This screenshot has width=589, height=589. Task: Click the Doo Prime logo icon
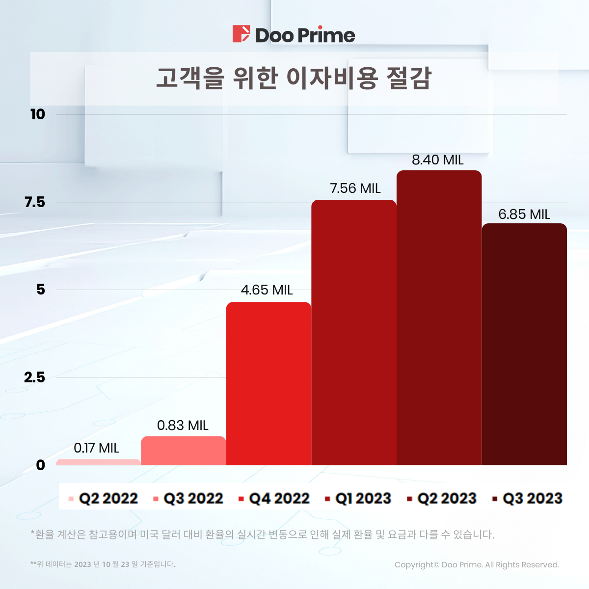pyautogui.click(x=241, y=34)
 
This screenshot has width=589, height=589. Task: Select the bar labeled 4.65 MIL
pyautogui.click(x=268, y=383)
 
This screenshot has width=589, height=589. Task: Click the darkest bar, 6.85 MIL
pyautogui.click(x=524, y=344)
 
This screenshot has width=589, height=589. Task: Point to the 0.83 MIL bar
pyautogui.click(x=183, y=451)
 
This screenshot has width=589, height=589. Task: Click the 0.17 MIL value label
pyautogui.click(x=97, y=448)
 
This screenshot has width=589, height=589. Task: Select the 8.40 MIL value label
pyautogui.click(x=437, y=160)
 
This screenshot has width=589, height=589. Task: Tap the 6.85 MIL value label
pyautogui.click(x=524, y=214)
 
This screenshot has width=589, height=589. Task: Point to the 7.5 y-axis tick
pyautogui.click(x=34, y=202)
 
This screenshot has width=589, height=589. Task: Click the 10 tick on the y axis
pyautogui.click(x=37, y=114)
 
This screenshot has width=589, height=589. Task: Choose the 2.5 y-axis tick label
pyautogui.click(x=34, y=377)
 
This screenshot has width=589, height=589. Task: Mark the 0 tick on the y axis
pyautogui.click(x=40, y=465)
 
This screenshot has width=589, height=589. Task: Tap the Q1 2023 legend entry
pyautogui.click(x=358, y=499)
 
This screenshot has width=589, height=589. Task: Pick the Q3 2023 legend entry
pyautogui.click(x=528, y=499)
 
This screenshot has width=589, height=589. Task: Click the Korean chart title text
pyautogui.click(x=294, y=78)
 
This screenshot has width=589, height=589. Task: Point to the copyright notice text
pyautogui.click(x=477, y=564)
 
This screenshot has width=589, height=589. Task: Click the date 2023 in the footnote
pyautogui.click(x=82, y=564)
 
